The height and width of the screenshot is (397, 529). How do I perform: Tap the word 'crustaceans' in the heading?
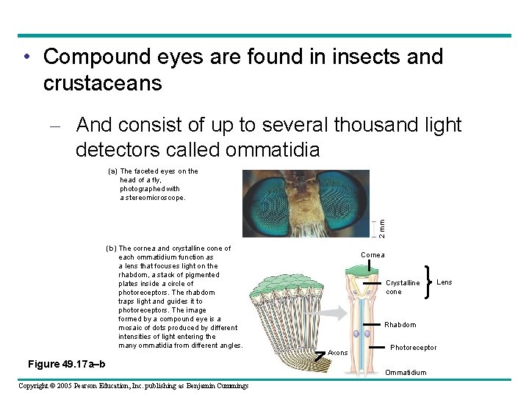pos(102,83)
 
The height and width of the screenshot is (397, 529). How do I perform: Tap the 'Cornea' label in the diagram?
pos(373,255)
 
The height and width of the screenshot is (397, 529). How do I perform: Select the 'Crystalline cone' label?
pos(403,287)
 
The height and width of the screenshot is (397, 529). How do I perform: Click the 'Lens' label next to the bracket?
pos(445,282)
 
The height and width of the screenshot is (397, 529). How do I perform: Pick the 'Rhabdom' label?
pos(400,325)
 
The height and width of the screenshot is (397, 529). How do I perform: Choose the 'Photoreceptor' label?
pos(413,348)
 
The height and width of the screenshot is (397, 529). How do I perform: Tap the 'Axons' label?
pos(337,353)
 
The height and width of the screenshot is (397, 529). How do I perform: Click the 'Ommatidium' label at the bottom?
pos(406,373)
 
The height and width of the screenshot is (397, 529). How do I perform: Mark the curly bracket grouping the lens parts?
pos(428,282)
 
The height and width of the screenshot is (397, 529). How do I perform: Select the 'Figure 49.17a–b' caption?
pos(66,365)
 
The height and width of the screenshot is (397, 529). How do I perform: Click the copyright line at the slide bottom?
pos(133,386)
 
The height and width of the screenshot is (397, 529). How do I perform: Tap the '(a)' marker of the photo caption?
pos(103,171)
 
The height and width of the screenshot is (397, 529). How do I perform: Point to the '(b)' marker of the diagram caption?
pos(111,248)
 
